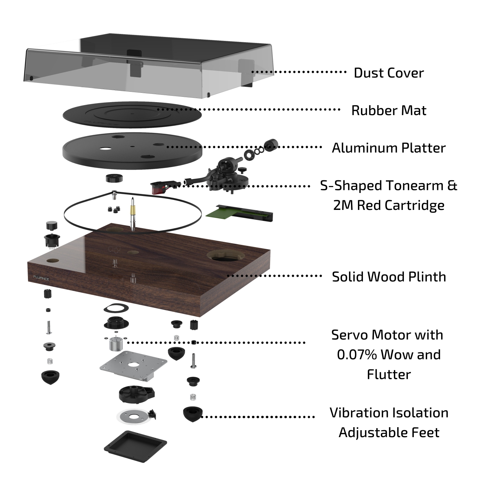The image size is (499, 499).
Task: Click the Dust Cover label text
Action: (x=389, y=73)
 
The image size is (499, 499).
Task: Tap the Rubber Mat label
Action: (x=389, y=110)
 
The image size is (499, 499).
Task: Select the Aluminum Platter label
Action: (x=389, y=148)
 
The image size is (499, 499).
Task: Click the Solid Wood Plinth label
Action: (x=389, y=277)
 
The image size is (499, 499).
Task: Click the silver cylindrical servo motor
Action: (x=115, y=344)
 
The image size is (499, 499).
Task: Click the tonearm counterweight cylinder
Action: (x=271, y=145)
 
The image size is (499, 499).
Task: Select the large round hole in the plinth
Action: (x=226, y=255)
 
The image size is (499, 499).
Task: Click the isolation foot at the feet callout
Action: (x=192, y=414)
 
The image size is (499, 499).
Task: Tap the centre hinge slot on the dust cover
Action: (x=134, y=53)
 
